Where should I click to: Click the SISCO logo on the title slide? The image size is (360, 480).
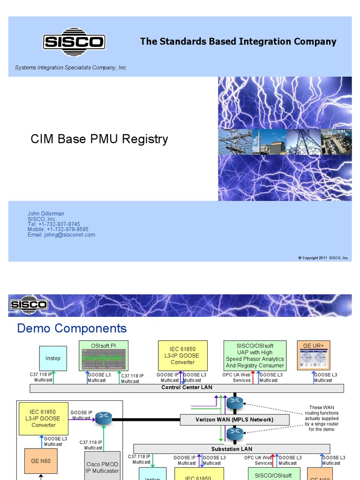pyautogui.click(x=73, y=42)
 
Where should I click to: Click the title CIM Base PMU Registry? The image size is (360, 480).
pyautogui.click(x=99, y=139)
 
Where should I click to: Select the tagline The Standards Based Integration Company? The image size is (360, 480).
pyautogui.click(x=238, y=41)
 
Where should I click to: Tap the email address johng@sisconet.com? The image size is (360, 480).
pyautogui.click(x=61, y=235)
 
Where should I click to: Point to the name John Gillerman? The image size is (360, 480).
pyautogui.click(x=46, y=214)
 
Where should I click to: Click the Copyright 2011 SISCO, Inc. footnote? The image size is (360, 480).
pyautogui.click(x=323, y=258)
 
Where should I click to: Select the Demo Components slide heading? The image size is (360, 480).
pyautogui.click(x=72, y=328)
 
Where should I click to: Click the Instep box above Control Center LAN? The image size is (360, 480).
pyautogui.click(x=53, y=358)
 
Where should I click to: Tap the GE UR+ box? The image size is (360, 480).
pyautogui.click(x=314, y=355)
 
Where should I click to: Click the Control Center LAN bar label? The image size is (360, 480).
pyautogui.click(x=187, y=388)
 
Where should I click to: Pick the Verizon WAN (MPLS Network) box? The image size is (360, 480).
pyautogui.click(x=234, y=420)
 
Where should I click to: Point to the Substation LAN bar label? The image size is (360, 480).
pyautogui.click(x=232, y=449)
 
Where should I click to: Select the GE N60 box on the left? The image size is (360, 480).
pyautogui.click(x=41, y=461)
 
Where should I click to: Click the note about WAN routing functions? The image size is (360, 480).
pyautogui.click(x=322, y=418)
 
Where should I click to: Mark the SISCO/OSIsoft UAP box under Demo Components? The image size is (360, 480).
pyautogui.click(x=255, y=355)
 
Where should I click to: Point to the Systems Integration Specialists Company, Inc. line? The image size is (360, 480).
pyautogui.click(x=71, y=67)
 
